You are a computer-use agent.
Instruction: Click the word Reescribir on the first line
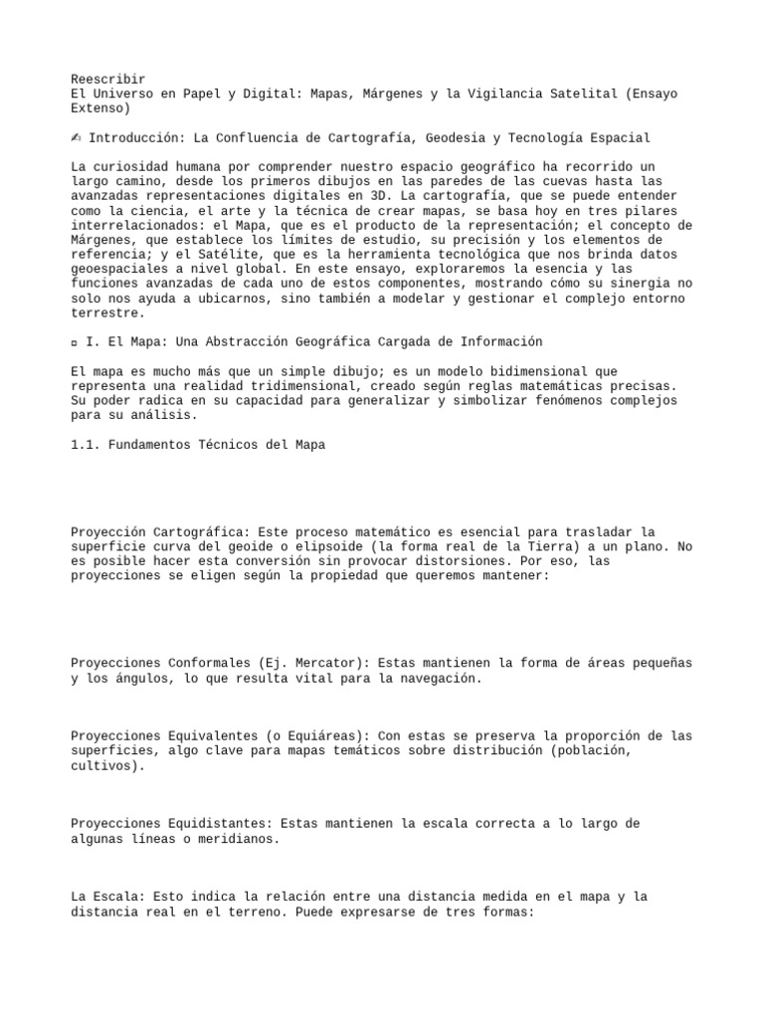[x=108, y=79]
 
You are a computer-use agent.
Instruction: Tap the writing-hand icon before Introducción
[x=76, y=138]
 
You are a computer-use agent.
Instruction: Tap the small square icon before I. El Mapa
[x=75, y=342]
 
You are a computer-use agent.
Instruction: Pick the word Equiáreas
[x=310, y=735]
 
